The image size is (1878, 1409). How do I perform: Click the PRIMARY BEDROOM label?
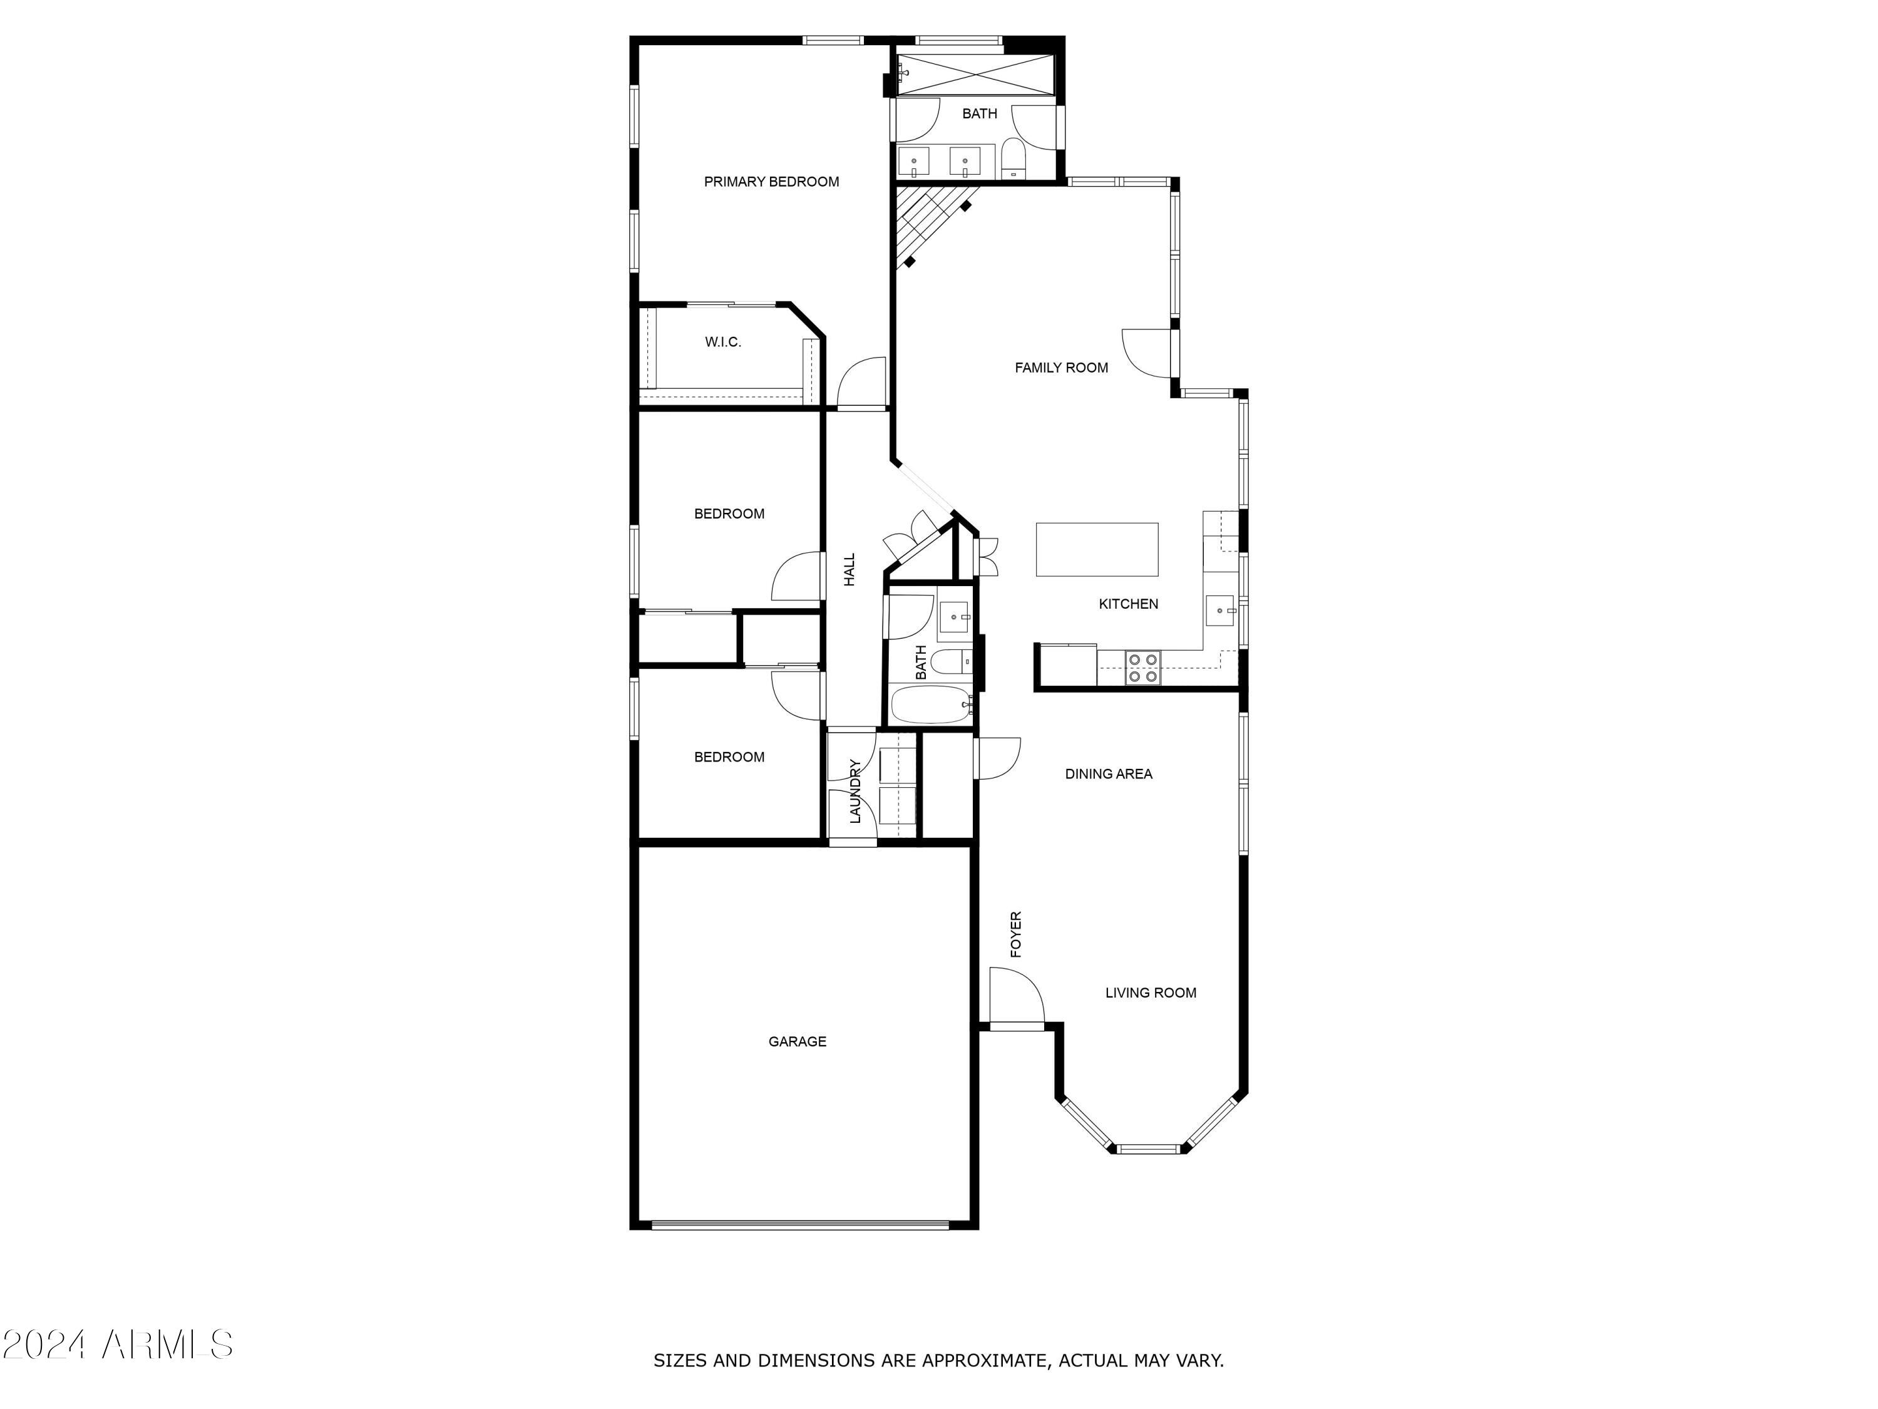[771, 182]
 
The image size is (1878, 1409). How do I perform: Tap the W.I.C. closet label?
[722, 343]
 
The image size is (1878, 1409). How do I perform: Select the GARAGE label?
[796, 1041]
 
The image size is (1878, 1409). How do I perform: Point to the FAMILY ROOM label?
[1061, 368]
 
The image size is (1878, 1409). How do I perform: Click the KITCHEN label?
[1128, 604]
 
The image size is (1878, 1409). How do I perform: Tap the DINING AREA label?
[1108, 774]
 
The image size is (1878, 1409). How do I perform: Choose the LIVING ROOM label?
[1151, 993]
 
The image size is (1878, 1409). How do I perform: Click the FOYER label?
[1015, 934]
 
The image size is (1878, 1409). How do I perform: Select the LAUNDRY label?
[855, 791]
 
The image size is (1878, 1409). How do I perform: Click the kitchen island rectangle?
[1097, 549]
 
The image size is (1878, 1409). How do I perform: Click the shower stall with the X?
[977, 75]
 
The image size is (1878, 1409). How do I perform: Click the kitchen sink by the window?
[1220, 611]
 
